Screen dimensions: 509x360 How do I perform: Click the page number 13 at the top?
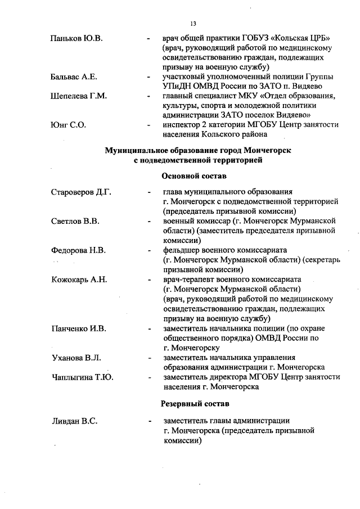(x=192, y=23)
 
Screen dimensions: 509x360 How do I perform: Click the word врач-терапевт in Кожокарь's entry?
(x=188, y=279)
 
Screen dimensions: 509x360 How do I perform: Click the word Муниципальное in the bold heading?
(x=137, y=150)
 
